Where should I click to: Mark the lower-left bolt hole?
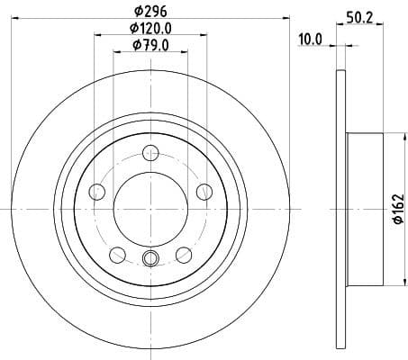(117, 254)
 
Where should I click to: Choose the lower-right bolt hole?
(185, 254)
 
